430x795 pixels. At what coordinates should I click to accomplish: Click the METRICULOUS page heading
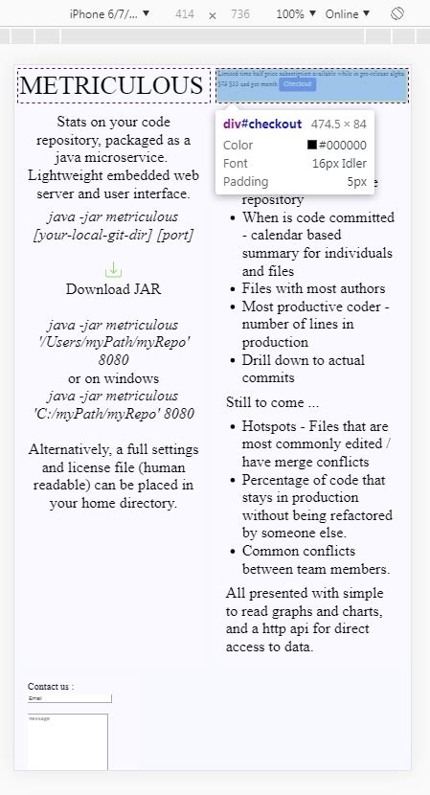[x=113, y=85]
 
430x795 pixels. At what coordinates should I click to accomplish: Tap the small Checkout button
[x=297, y=84]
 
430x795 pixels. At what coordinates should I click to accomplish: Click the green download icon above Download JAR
[x=113, y=269]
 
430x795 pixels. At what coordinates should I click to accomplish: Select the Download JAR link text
[x=113, y=288]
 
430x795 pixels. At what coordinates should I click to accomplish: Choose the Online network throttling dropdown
[x=347, y=14]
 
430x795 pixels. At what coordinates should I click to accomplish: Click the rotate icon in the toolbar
[x=397, y=14]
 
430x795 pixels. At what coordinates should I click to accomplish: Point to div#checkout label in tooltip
[x=262, y=124]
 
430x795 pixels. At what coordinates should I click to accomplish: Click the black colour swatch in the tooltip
[x=312, y=146]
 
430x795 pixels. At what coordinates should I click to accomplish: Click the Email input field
[x=69, y=698]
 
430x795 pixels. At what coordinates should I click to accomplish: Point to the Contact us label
[x=51, y=686]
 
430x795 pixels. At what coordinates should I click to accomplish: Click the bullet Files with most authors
[x=313, y=288]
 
